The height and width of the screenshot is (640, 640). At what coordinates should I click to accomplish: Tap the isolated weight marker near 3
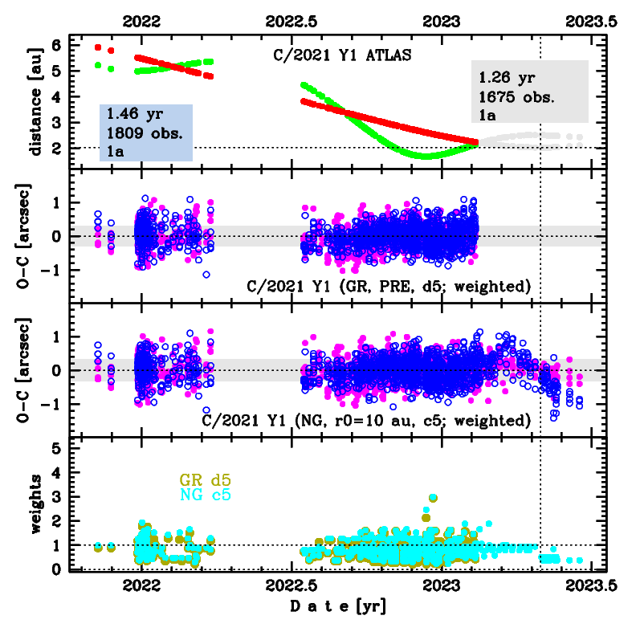point(434,499)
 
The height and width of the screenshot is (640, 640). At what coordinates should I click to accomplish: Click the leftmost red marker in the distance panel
point(98,47)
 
